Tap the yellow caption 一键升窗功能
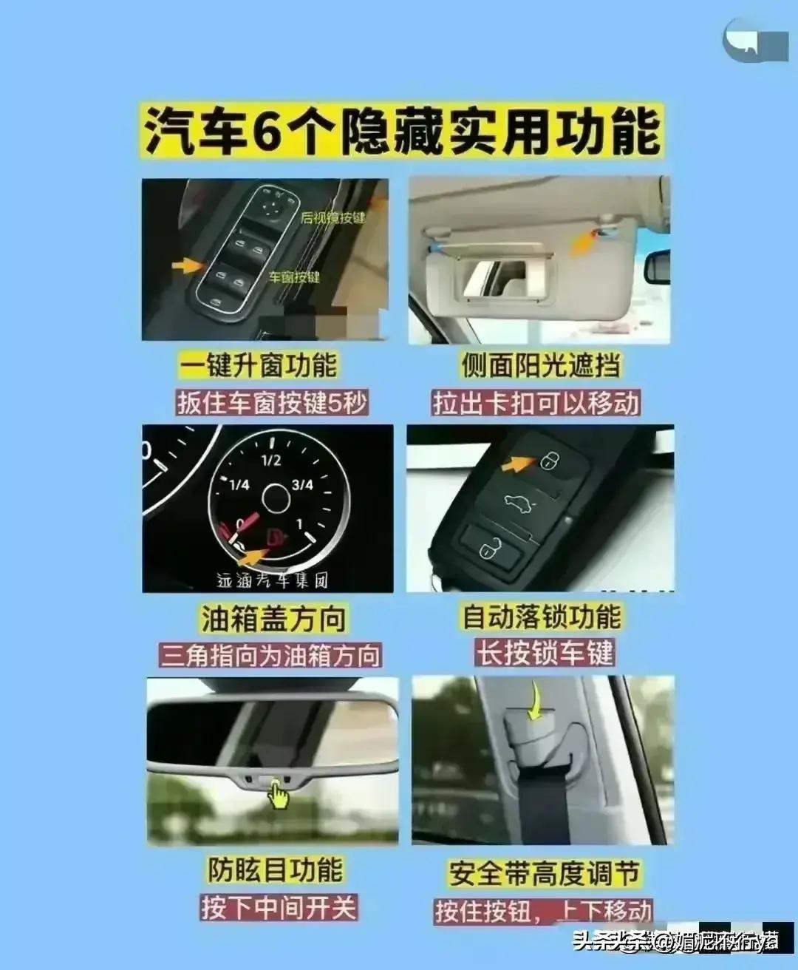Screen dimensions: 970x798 coord(258,365)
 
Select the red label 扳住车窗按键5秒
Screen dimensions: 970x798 coord(272,403)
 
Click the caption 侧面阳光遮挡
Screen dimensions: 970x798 coord(542,365)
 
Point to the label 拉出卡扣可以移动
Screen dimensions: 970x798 coord(536,403)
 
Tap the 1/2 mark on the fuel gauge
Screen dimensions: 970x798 coord(271,460)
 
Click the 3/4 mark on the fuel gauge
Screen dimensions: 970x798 coord(302,485)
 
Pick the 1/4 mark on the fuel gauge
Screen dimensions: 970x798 coord(239,485)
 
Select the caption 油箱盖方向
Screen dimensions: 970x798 coord(273,619)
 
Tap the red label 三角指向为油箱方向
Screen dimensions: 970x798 coord(271,656)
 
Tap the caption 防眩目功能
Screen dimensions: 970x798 coord(275,869)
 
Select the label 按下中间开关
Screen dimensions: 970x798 coord(279,907)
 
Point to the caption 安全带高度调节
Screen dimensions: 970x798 coord(543,873)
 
